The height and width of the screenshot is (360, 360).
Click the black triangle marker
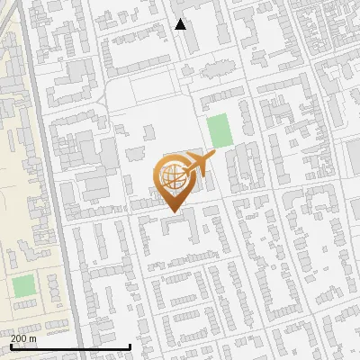pos(181,24)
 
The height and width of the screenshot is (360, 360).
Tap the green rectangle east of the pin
pos(219,131)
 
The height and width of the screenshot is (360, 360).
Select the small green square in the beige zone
pos(23,287)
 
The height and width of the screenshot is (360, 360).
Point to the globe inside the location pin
pos(171,177)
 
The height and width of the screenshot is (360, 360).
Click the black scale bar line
pos(70,346)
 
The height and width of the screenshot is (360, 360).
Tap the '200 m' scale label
pos(23,338)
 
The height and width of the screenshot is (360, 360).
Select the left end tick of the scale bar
pos(11,346)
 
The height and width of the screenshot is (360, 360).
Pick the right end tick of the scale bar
pos(130,346)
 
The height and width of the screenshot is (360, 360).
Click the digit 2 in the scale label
pos(13,338)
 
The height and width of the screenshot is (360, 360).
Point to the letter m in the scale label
pos(33,338)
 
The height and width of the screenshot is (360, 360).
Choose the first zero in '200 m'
pos(19,338)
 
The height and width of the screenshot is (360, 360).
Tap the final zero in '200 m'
pos(24,338)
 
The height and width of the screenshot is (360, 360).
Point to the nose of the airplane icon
pos(214,158)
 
